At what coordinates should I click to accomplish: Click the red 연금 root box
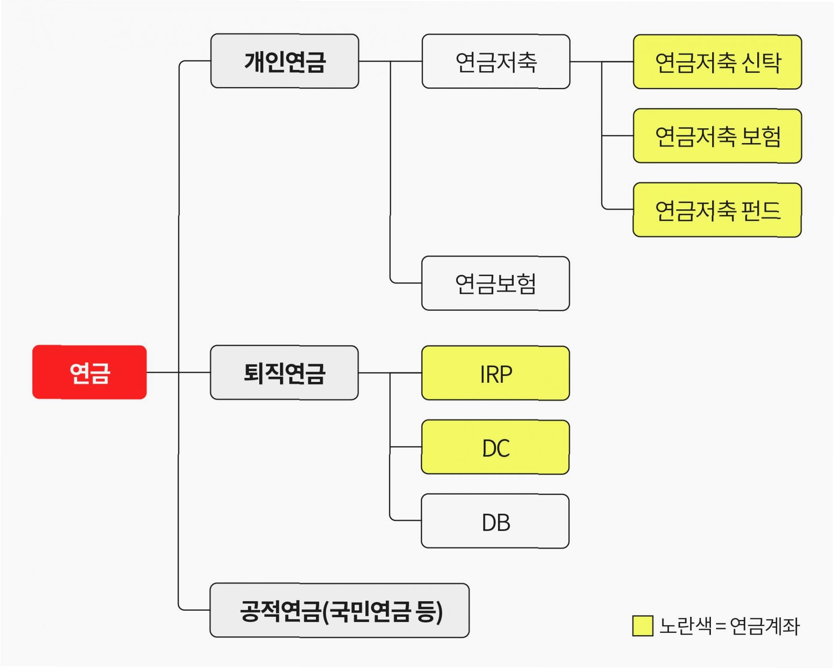[x=89, y=372]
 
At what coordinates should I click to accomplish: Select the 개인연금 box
[x=284, y=61]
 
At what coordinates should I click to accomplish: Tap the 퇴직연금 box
[x=284, y=372]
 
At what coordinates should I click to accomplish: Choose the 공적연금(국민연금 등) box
[x=339, y=610]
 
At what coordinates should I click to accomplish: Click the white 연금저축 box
[x=495, y=62]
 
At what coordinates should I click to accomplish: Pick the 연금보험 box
[x=495, y=283]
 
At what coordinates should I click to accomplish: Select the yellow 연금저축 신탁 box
[x=717, y=62]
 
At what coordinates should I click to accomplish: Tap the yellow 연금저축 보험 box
[x=717, y=136]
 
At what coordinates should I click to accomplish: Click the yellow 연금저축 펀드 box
[x=717, y=210]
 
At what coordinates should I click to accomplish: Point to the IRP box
[x=495, y=373]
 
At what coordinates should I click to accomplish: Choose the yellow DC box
[x=495, y=447]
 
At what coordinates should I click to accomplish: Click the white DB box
[x=495, y=521]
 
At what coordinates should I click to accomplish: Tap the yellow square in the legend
[x=642, y=626]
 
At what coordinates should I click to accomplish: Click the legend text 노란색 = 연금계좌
[x=729, y=626]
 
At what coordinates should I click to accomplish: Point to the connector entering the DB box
[x=406, y=520]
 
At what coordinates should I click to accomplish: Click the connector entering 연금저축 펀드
[x=618, y=209]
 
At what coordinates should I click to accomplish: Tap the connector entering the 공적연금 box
[x=195, y=610]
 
